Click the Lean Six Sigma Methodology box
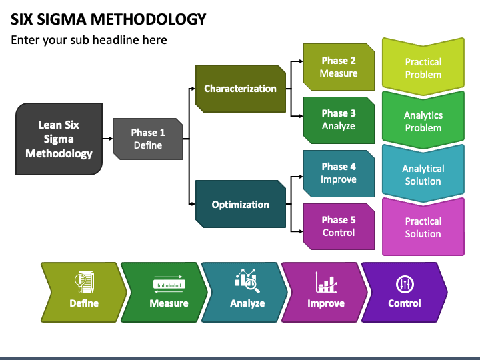pos(59,139)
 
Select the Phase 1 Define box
pos(148,139)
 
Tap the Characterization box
pos(240,89)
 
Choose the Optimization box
pos(240,204)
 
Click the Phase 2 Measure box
pos(339,67)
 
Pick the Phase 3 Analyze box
pos(339,120)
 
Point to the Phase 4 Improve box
pos(339,173)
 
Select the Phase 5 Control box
pos(339,227)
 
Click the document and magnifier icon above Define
pos(84,281)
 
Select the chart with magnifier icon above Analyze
pos(247,281)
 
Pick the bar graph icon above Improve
pos(326,282)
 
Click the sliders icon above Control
pos(405,284)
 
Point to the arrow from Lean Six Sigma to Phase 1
pos(107,139)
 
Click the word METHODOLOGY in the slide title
pos(149,19)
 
